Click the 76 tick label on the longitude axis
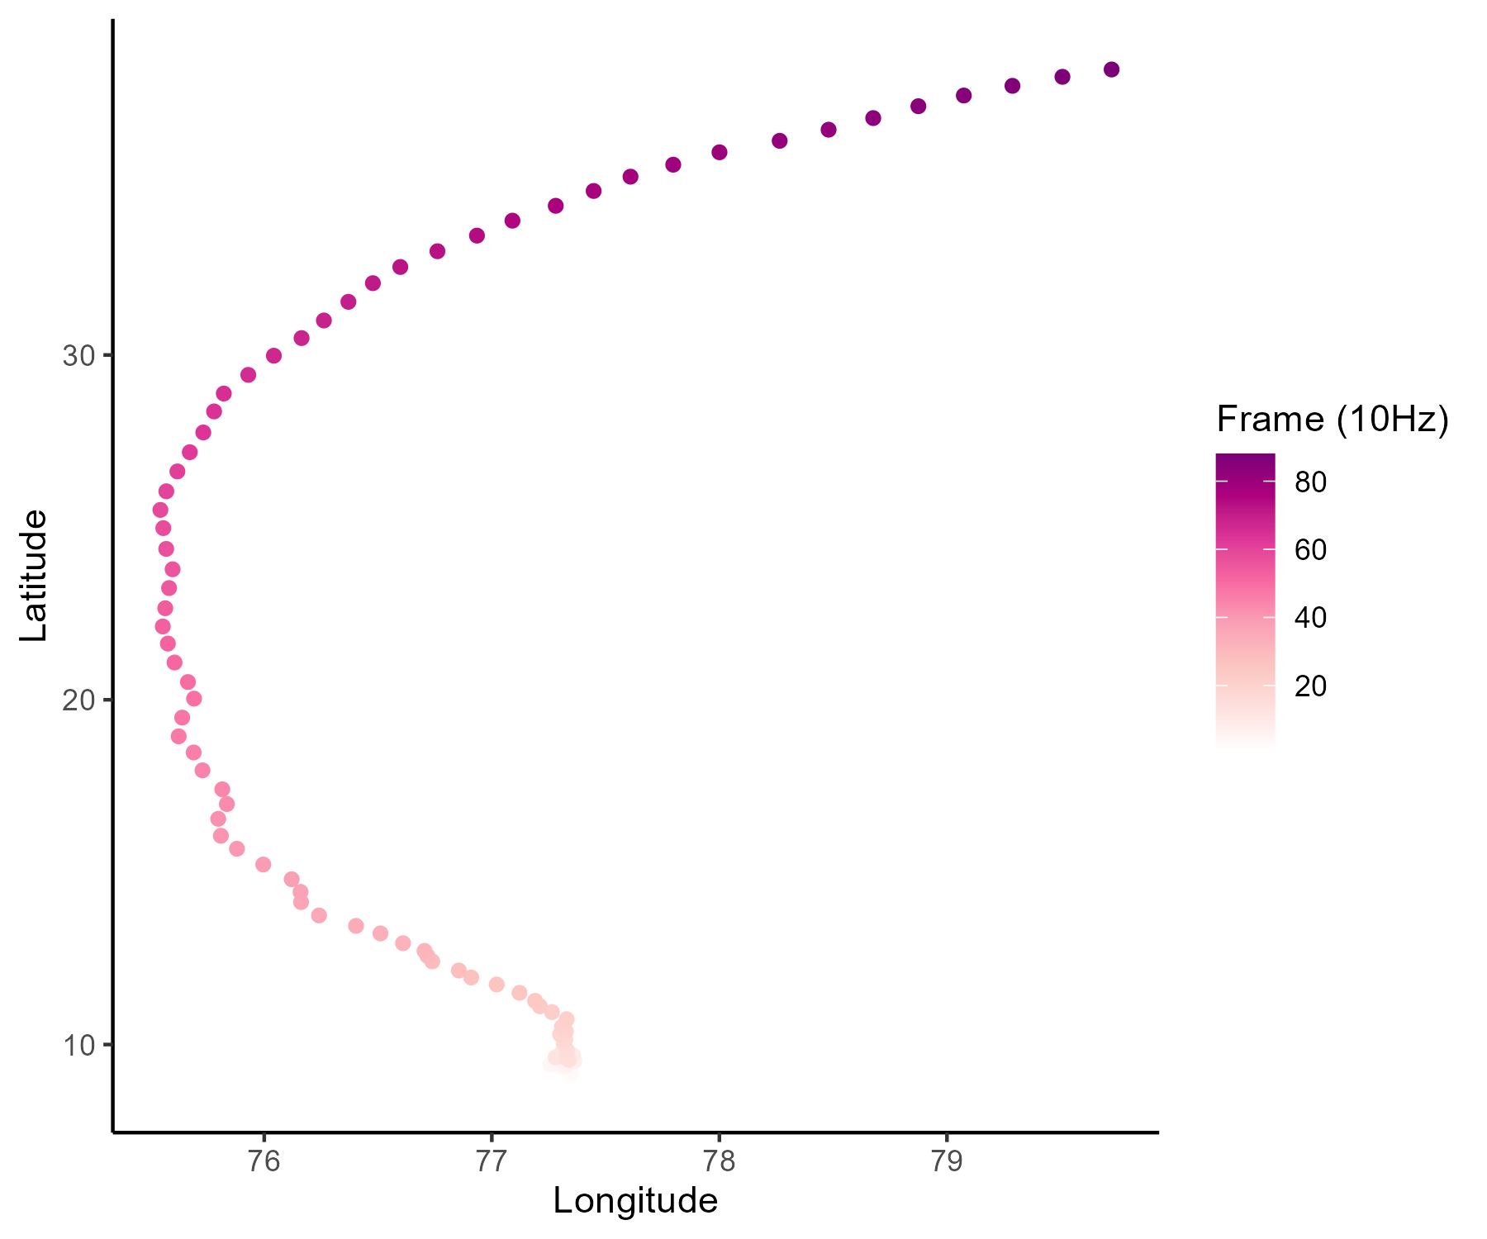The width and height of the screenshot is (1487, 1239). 264,1161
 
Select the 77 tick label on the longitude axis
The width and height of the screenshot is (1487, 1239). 492,1161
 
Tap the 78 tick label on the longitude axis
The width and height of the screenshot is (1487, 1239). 719,1161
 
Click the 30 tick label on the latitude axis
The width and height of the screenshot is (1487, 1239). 79,356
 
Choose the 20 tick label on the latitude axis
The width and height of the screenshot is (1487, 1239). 79,700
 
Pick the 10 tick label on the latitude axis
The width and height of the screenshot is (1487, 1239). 79,1045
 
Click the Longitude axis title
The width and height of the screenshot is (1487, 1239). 635,1201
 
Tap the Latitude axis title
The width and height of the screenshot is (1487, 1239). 33,576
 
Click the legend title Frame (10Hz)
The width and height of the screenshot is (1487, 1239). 1333,420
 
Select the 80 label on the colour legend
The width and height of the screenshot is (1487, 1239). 1310,482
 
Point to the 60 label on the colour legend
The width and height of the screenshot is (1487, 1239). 1310,550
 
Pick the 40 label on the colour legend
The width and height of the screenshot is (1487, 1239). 1310,618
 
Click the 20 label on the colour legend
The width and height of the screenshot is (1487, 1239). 1310,686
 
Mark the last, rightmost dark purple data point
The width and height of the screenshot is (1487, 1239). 1111,69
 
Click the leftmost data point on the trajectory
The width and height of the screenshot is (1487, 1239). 160,510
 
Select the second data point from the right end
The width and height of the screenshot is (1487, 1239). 1062,77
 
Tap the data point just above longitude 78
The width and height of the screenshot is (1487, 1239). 720,152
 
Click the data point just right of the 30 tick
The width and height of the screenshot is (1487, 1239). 273,356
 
